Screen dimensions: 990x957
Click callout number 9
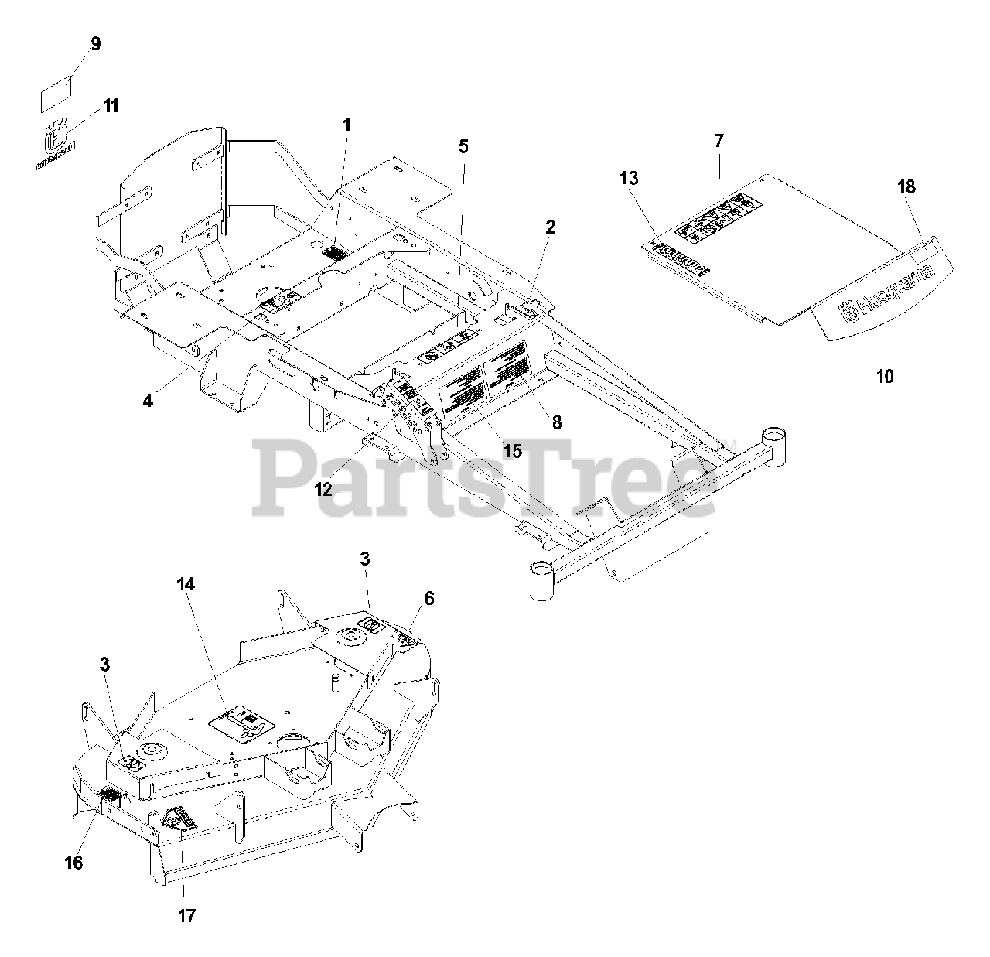coord(96,44)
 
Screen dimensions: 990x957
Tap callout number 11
coord(111,106)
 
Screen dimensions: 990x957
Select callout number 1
coord(347,124)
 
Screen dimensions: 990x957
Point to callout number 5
coord(463,146)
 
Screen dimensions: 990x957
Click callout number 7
coord(719,141)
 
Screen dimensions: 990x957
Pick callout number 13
coord(629,179)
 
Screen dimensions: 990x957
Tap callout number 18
coord(906,186)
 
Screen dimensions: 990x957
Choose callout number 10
coord(885,376)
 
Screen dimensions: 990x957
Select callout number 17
coord(186,916)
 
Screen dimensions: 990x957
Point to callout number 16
coord(73,863)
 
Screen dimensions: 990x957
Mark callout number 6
coord(429,598)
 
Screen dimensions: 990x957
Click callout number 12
coord(323,489)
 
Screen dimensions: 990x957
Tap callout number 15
coord(513,451)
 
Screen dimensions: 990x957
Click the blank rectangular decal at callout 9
coord(56,98)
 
